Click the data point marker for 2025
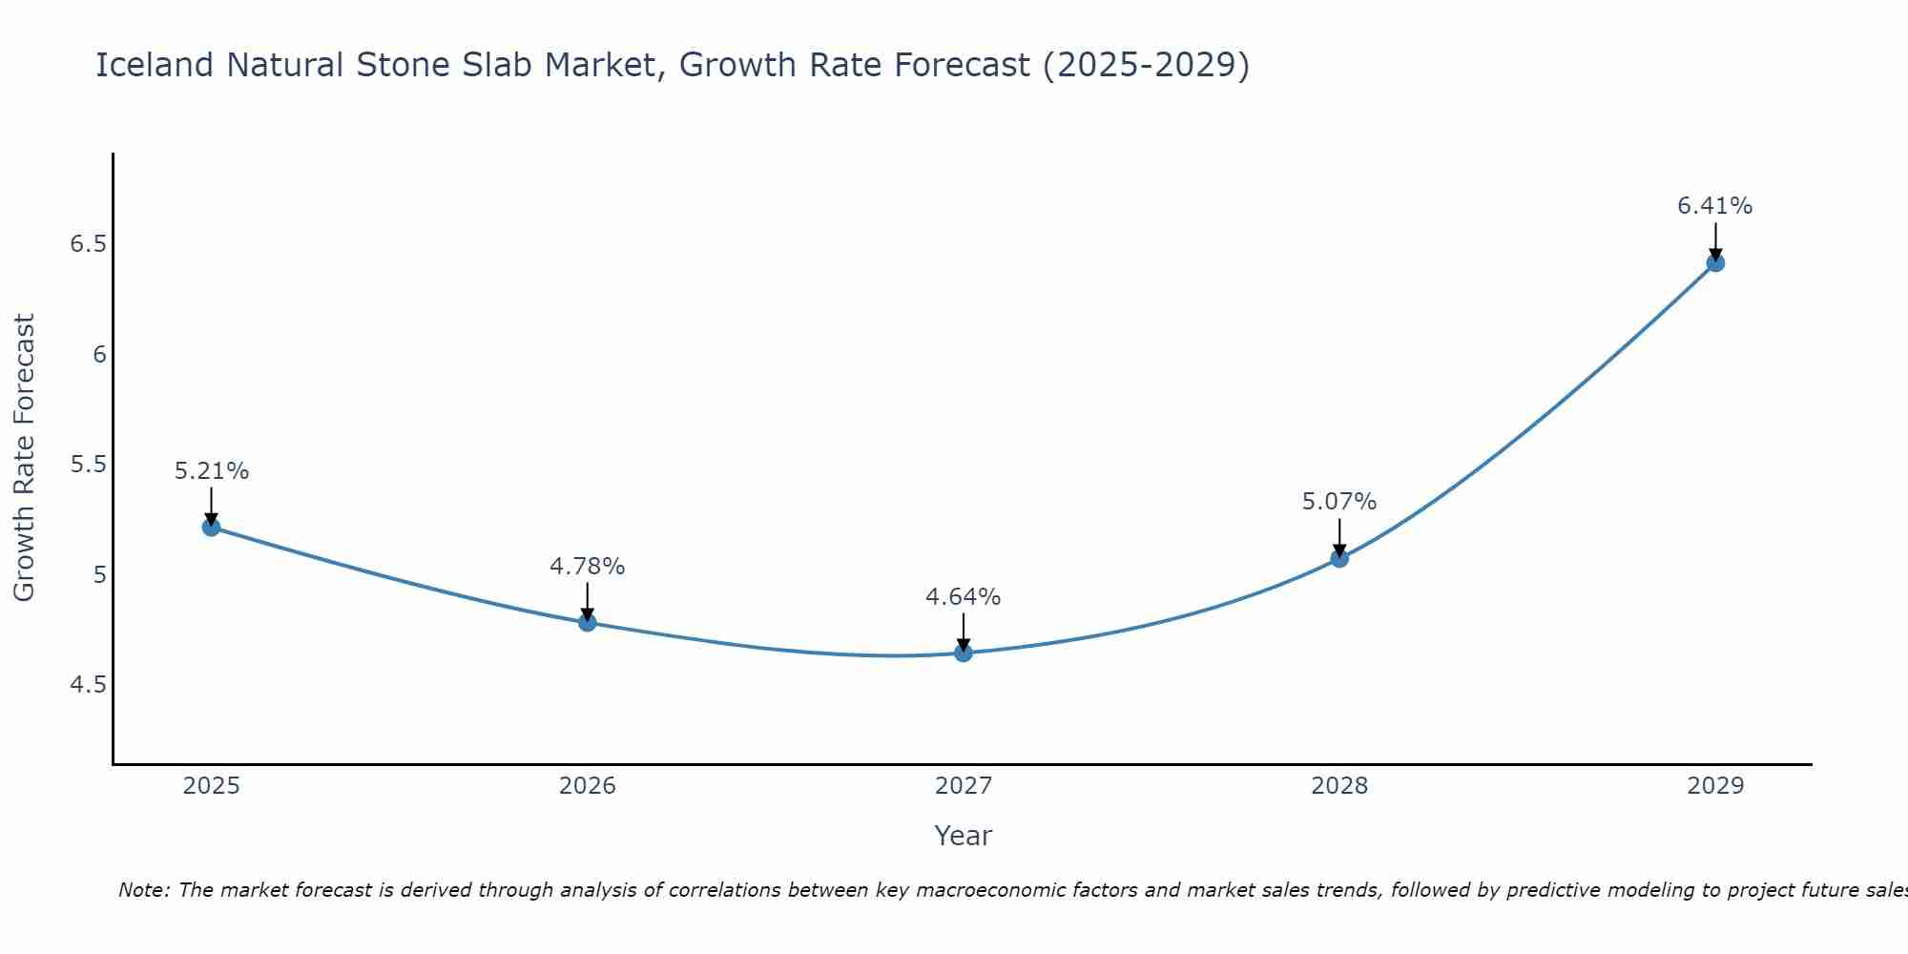211,527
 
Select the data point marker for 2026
588,622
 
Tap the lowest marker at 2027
964,653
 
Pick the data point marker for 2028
1339,558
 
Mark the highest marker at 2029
1715,262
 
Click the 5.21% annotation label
211,471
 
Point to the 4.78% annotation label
588,567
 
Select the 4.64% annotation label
964,597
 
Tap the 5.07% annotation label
1339,502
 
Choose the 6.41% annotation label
1715,206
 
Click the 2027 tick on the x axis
964,786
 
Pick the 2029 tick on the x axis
1715,786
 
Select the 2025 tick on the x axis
211,786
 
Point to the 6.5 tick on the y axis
87,244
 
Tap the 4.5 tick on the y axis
87,685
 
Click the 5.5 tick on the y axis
87,465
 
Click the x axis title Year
964,836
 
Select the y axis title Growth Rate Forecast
24,458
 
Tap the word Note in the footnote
143,890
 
